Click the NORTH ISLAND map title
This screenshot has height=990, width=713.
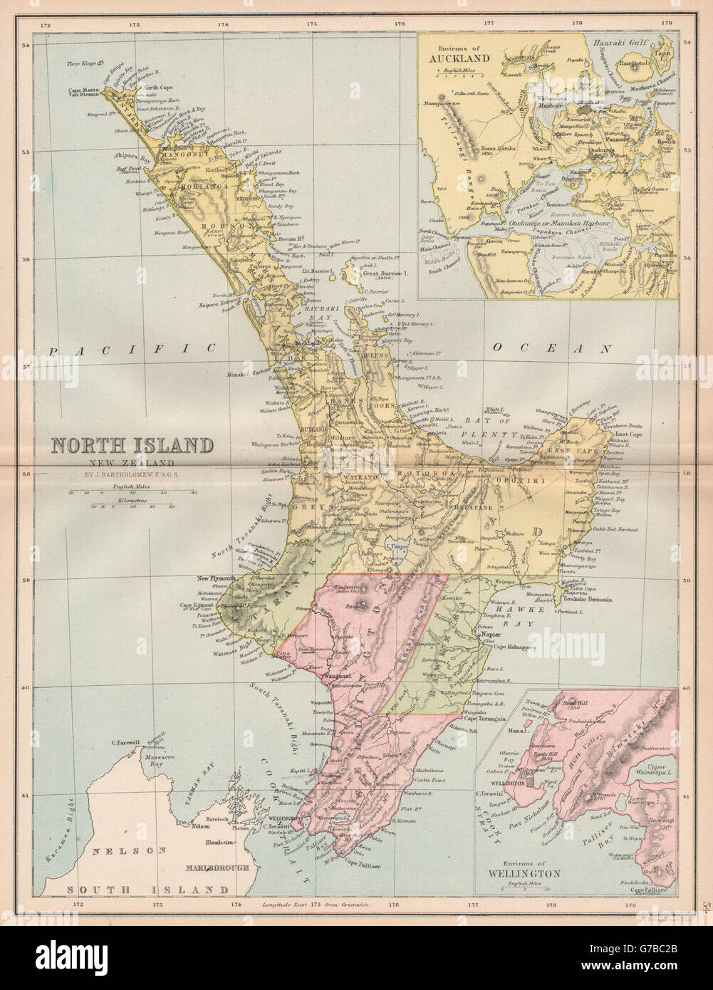[x=131, y=446]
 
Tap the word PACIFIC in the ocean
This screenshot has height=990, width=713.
[x=132, y=348]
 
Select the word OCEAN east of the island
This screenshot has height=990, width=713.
[x=552, y=348]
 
